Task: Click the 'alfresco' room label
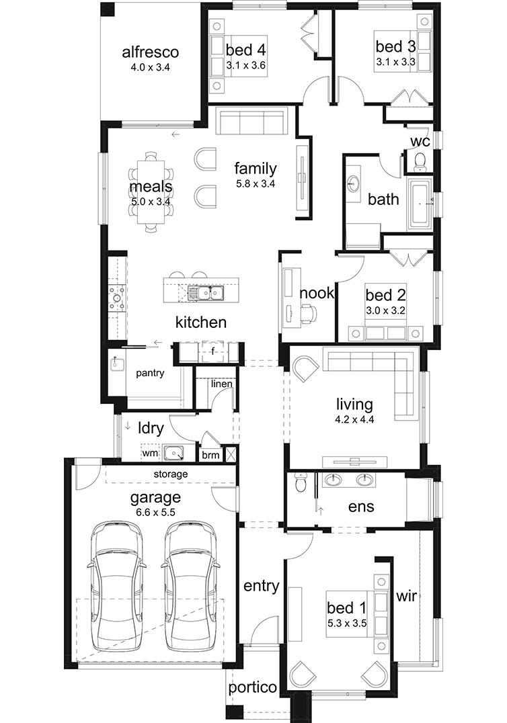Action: [x=149, y=52]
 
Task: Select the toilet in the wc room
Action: [x=420, y=161]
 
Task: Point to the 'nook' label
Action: [x=317, y=293]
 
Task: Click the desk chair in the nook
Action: [x=308, y=312]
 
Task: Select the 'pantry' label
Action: [x=150, y=374]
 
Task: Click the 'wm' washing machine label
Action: [x=149, y=454]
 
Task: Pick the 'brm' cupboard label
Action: [x=210, y=455]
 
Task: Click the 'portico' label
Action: [x=252, y=687]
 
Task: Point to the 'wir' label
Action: [x=407, y=595]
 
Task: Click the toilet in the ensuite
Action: [x=301, y=482]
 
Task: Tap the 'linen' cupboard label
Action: [x=221, y=384]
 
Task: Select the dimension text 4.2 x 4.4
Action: [x=354, y=419]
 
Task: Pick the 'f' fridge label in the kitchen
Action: [x=212, y=350]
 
